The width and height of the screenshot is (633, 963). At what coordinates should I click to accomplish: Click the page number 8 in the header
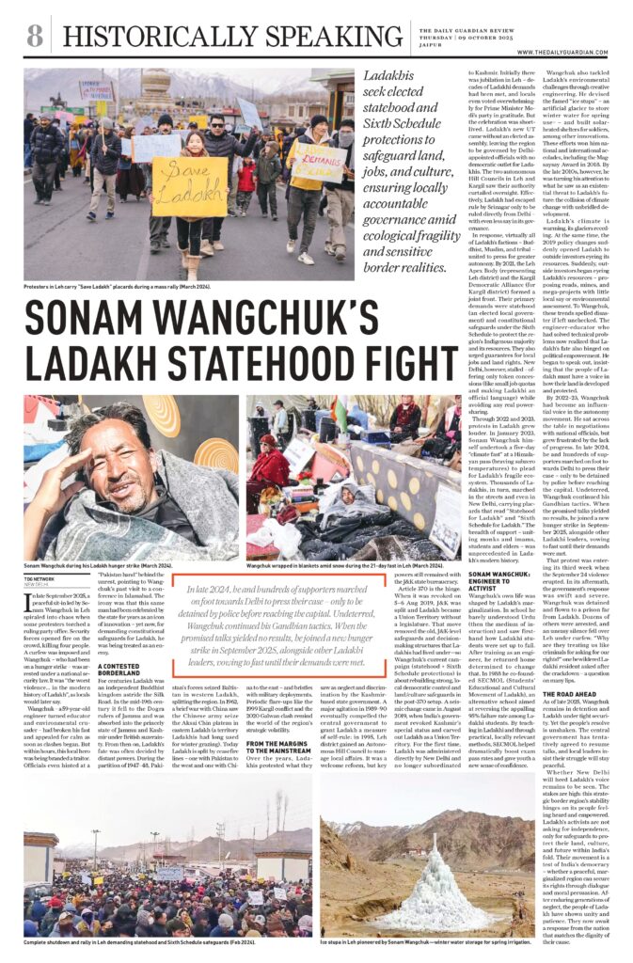[x=34, y=36]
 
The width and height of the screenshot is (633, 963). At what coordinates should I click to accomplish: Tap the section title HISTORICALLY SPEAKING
[x=220, y=37]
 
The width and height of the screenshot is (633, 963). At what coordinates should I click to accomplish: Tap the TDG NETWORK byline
[x=40, y=579]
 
